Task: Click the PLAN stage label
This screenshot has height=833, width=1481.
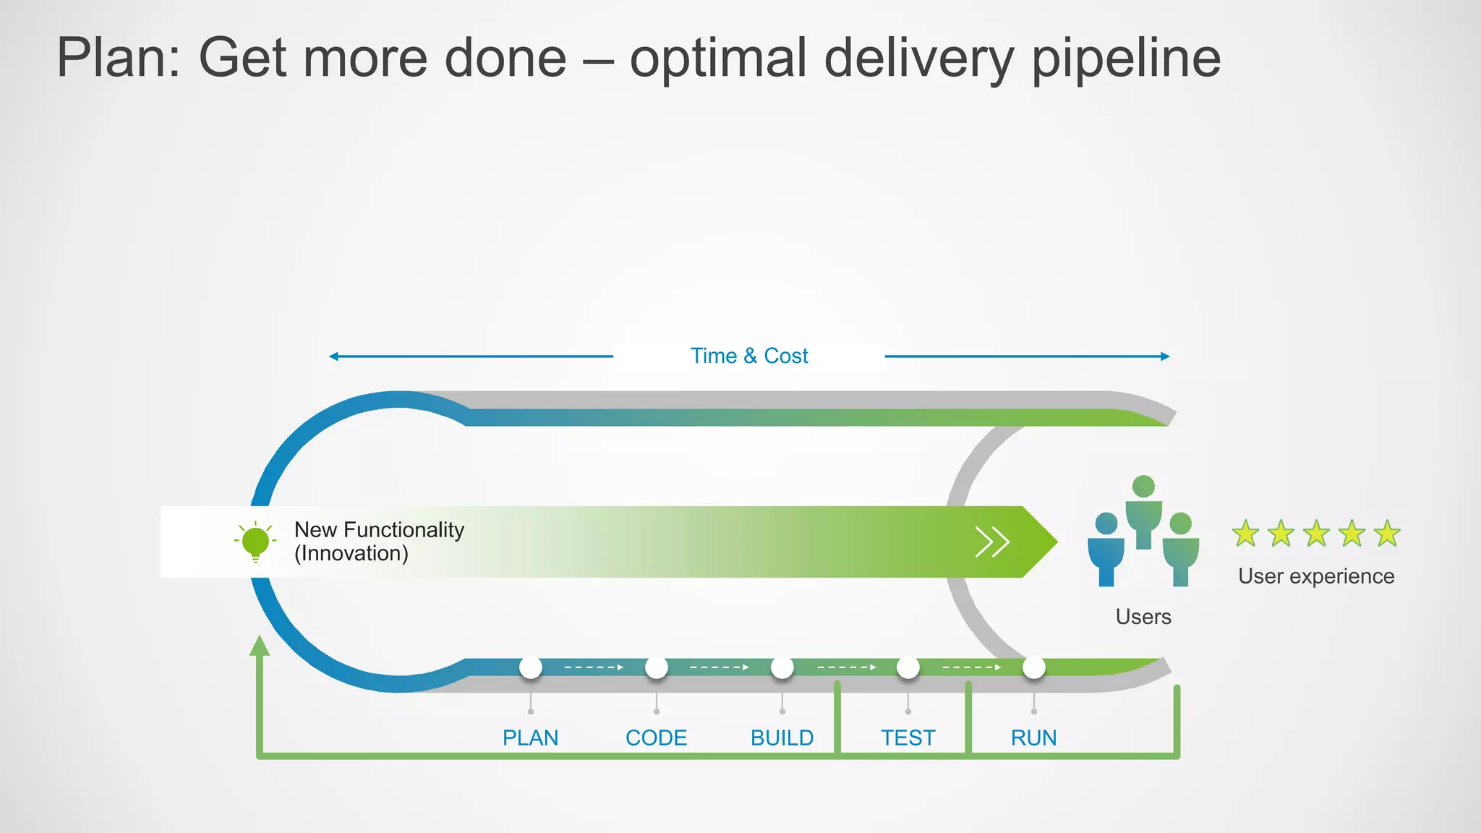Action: (x=530, y=738)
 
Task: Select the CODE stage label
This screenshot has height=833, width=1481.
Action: (x=656, y=738)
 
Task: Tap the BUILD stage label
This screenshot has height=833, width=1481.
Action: (x=782, y=738)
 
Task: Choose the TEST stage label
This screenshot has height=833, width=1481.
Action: (x=908, y=738)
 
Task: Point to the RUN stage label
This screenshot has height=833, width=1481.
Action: (x=1033, y=738)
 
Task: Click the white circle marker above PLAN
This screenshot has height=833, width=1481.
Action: (x=531, y=667)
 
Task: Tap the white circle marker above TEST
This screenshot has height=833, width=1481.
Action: (x=908, y=667)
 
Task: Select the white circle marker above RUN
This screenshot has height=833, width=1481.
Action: (x=1034, y=667)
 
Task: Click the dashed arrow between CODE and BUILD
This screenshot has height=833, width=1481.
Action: (x=719, y=667)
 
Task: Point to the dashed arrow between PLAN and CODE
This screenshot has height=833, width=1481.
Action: (x=593, y=667)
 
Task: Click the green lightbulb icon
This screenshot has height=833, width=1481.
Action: (x=255, y=542)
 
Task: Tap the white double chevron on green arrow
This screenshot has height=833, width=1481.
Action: (x=992, y=542)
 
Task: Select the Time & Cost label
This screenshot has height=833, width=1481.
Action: (x=748, y=356)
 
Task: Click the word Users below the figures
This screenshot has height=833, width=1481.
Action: (x=1143, y=617)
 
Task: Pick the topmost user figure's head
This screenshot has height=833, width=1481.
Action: (x=1143, y=486)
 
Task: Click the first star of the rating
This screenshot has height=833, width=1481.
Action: (x=1245, y=534)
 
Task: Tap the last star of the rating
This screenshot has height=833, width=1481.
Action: (x=1387, y=534)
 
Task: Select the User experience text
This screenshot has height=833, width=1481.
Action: (x=1316, y=576)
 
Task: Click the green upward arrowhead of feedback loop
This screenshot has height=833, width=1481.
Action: (x=260, y=646)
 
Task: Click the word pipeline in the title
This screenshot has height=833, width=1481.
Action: (x=1126, y=58)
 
